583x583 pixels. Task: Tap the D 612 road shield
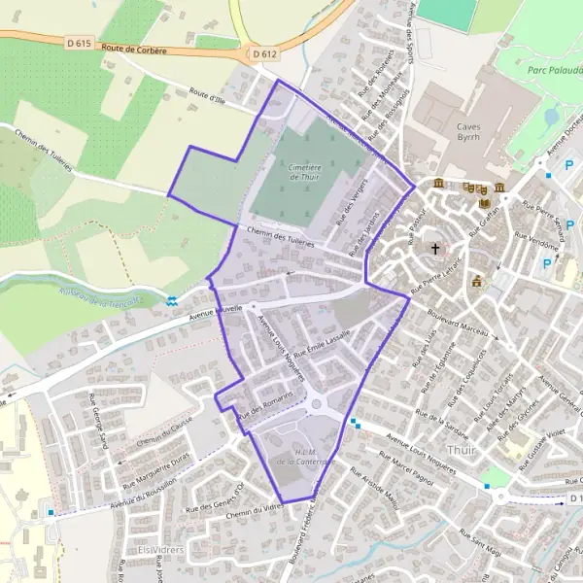[264, 55]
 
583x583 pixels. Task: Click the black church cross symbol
[435, 249]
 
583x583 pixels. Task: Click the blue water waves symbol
[171, 302]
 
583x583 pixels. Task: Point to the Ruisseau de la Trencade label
[95, 302]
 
